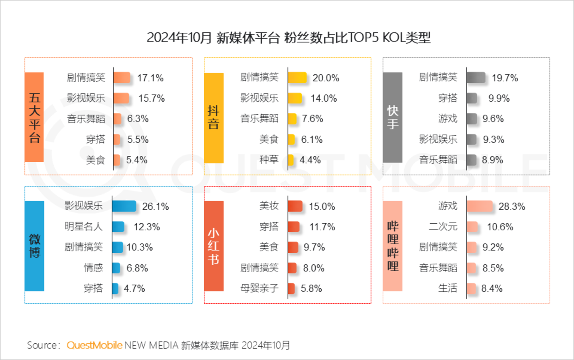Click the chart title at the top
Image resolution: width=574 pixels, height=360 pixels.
(289, 38)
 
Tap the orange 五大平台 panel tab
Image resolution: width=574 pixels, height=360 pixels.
(34, 117)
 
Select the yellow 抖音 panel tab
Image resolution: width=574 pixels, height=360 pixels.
(214, 118)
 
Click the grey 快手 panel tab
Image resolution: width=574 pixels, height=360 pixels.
(393, 117)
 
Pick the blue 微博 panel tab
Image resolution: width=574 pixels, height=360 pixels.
(34, 246)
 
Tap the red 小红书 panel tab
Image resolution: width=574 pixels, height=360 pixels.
(214, 246)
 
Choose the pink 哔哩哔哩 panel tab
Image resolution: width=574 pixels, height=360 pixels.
(393, 246)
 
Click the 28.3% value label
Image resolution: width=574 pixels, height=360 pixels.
(512, 207)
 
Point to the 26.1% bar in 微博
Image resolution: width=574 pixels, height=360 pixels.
(124, 206)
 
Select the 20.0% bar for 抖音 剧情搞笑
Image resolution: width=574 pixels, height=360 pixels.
(297, 78)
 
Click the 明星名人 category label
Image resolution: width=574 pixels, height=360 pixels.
(84, 227)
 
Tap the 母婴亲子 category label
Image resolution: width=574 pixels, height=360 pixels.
(259, 288)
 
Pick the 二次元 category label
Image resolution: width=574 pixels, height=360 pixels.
(443, 227)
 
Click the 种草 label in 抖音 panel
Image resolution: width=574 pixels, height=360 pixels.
(269, 160)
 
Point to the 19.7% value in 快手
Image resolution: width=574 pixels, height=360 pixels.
(505, 78)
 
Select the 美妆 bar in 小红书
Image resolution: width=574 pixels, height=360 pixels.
(295, 206)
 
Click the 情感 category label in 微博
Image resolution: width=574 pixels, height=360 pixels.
(93, 268)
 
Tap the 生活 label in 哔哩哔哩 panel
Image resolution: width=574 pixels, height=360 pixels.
(448, 288)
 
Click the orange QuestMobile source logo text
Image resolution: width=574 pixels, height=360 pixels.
(94, 345)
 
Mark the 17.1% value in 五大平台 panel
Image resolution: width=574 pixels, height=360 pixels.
(150, 78)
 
